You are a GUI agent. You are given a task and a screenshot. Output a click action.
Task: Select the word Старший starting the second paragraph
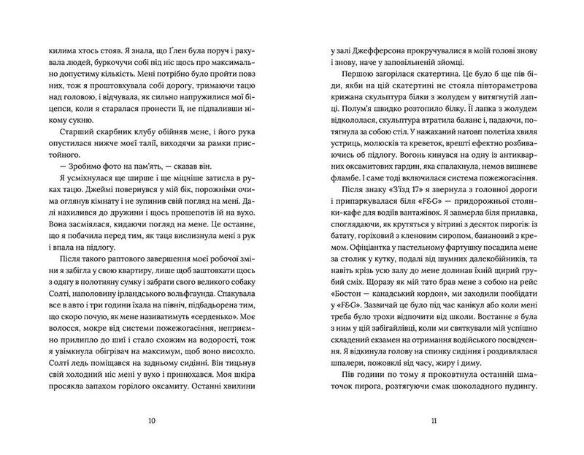coord(71,132)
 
